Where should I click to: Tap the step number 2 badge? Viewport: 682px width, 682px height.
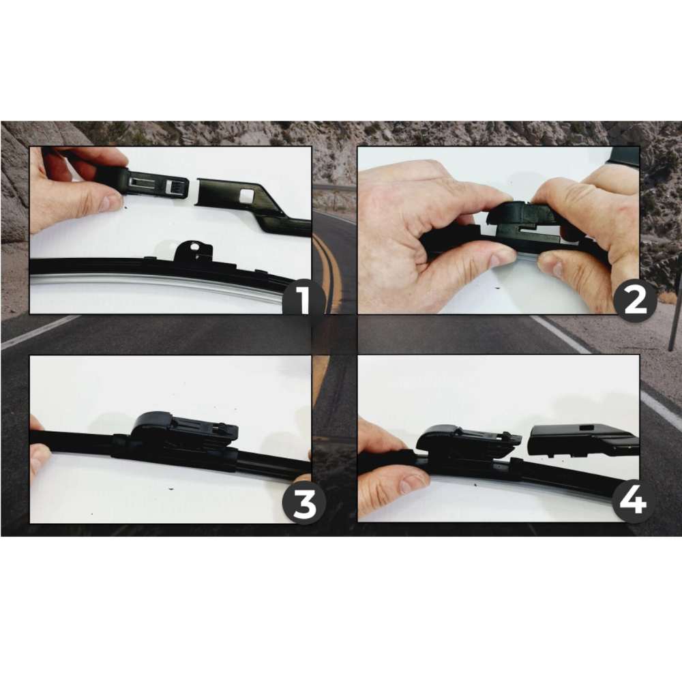(x=635, y=301)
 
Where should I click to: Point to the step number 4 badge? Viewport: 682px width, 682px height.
(x=634, y=501)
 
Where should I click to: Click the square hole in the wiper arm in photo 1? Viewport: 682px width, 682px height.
(x=246, y=196)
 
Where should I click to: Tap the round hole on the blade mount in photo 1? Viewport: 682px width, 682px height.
(x=194, y=247)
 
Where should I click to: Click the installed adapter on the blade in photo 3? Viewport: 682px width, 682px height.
(x=183, y=439)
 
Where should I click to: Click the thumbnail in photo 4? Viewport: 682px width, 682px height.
(x=413, y=484)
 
